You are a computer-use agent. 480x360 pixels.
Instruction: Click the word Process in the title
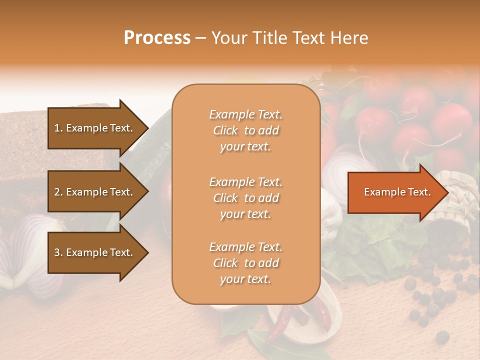pyautogui.click(x=157, y=38)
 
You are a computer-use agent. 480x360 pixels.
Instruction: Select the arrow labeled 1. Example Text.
pyautogui.click(x=95, y=128)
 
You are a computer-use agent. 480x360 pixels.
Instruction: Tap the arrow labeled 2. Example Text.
pyautogui.click(x=95, y=192)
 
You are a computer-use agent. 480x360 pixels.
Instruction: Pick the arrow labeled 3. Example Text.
pyautogui.click(x=95, y=252)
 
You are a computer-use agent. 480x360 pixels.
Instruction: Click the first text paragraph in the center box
pyautogui.click(x=245, y=130)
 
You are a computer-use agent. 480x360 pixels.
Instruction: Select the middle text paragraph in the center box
pyautogui.click(x=245, y=198)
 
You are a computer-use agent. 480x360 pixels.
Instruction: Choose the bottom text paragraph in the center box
pyautogui.click(x=245, y=263)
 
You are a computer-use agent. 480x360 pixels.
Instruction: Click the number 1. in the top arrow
pyautogui.click(x=58, y=128)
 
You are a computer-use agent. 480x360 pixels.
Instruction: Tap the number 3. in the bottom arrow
pyautogui.click(x=58, y=252)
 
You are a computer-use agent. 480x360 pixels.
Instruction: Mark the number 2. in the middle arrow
pyautogui.click(x=58, y=192)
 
